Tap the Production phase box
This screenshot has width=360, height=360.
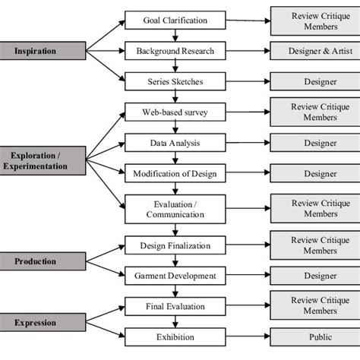36,261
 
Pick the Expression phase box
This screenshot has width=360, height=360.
36,324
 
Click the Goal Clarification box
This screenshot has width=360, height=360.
175,21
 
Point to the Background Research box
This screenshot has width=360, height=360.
175,51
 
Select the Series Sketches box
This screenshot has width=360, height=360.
175,81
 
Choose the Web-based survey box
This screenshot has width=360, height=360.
175,112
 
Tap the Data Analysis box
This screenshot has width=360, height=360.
175,143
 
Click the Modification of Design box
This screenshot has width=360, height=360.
175,173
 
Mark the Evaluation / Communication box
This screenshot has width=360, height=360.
175,209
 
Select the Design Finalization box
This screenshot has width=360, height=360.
175,245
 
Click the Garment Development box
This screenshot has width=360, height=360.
175,276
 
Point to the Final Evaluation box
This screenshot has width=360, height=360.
175,306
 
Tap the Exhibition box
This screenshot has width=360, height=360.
175,336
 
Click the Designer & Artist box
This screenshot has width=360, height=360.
310,51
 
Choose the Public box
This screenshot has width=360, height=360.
310,336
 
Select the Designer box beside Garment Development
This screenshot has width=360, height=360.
310,276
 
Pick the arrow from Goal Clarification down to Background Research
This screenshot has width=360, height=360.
175,36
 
